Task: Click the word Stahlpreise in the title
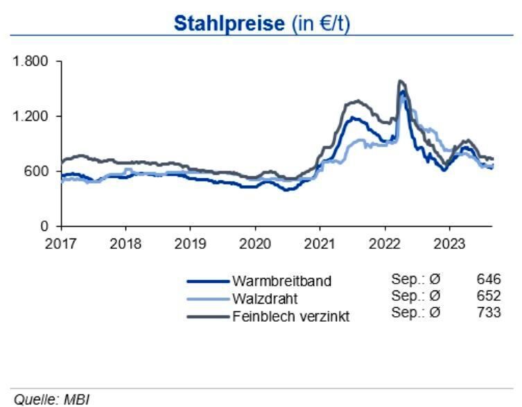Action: [x=228, y=24]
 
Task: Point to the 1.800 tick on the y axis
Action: [x=31, y=61]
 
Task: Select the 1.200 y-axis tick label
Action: [x=31, y=116]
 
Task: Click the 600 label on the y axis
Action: [x=37, y=171]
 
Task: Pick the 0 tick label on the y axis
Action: [x=44, y=226]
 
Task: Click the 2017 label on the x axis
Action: [x=61, y=243]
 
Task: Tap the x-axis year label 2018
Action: [x=125, y=243]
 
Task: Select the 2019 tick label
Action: [x=190, y=243]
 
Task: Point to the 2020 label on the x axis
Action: [x=254, y=243]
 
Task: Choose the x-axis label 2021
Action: [x=319, y=243]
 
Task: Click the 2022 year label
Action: [x=383, y=243]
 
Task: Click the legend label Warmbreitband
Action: [x=281, y=282]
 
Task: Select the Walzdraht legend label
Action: [x=266, y=299]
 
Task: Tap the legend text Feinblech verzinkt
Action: [x=290, y=316]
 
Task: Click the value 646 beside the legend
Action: [x=489, y=279]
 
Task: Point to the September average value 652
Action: [x=489, y=296]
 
